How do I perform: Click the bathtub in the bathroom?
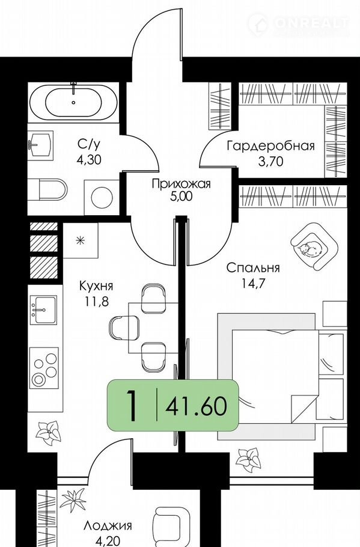(x=73, y=102)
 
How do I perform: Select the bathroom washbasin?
(x=40, y=144)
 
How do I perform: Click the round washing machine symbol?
(x=102, y=197)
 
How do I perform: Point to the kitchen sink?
(x=43, y=310)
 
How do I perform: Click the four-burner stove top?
(x=44, y=368)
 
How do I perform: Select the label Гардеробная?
(x=270, y=145)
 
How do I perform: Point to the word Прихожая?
(x=181, y=183)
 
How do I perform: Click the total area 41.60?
(x=197, y=406)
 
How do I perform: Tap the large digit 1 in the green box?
(x=132, y=405)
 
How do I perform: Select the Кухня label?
(x=96, y=286)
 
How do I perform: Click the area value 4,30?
(x=89, y=160)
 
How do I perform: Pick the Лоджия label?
(x=108, y=526)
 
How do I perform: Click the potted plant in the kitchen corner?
(x=48, y=432)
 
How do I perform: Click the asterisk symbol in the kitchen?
(x=81, y=240)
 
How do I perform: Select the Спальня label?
(x=253, y=268)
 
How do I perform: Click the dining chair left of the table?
(x=124, y=327)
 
